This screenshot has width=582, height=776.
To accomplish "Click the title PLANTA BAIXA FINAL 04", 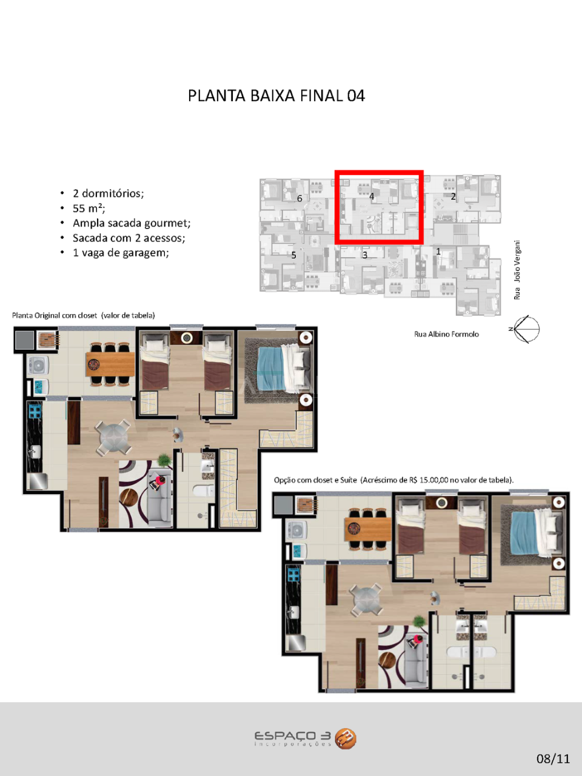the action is click(x=276, y=96).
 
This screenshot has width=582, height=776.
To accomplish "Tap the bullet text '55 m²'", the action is click(x=89, y=208).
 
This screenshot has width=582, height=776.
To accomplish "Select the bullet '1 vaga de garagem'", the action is click(x=121, y=253).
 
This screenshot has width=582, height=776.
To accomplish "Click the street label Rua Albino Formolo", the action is click(x=446, y=334).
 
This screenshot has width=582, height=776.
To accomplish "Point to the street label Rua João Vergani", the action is click(x=517, y=270).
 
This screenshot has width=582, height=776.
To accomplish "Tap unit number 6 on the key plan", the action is click(x=299, y=199).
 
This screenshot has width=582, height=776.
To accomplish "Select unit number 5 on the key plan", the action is click(x=293, y=255).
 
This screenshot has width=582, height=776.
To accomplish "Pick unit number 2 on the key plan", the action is click(x=453, y=196).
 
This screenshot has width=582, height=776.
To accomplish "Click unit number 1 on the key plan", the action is click(x=438, y=252).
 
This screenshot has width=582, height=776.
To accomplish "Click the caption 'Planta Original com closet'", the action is click(x=55, y=315).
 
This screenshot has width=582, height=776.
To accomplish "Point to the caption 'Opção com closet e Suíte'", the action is click(x=316, y=480).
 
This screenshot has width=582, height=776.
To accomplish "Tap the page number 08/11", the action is click(x=553, y=758).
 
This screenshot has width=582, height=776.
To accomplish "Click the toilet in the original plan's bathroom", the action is click(x=203, y=490).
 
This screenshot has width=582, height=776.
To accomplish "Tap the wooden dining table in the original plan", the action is click(x=110, y=364).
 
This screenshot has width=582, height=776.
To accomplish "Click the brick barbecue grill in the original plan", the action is click(x=47, y=339).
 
